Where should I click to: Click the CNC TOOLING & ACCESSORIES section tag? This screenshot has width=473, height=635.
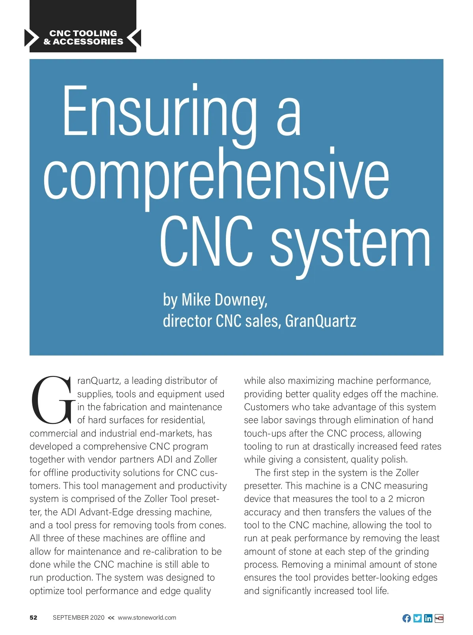(x=83, y=37)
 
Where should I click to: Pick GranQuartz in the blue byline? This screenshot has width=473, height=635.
(x=320, y=321)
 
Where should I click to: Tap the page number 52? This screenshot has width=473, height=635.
(x=34, y=618)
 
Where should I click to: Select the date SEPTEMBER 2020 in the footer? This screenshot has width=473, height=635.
(x=78, y=618)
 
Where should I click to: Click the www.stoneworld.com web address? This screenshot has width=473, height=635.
(x=147, y=618)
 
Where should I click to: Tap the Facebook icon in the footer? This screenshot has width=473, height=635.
(x=406, y=618)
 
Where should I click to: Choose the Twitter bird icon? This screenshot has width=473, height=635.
(x=417, y=618)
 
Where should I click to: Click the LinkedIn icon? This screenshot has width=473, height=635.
(x=428, y=618)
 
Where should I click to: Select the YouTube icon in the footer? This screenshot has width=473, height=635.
(x=439, y=618)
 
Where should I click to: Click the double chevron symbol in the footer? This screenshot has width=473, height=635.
(x=111, y=618)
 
